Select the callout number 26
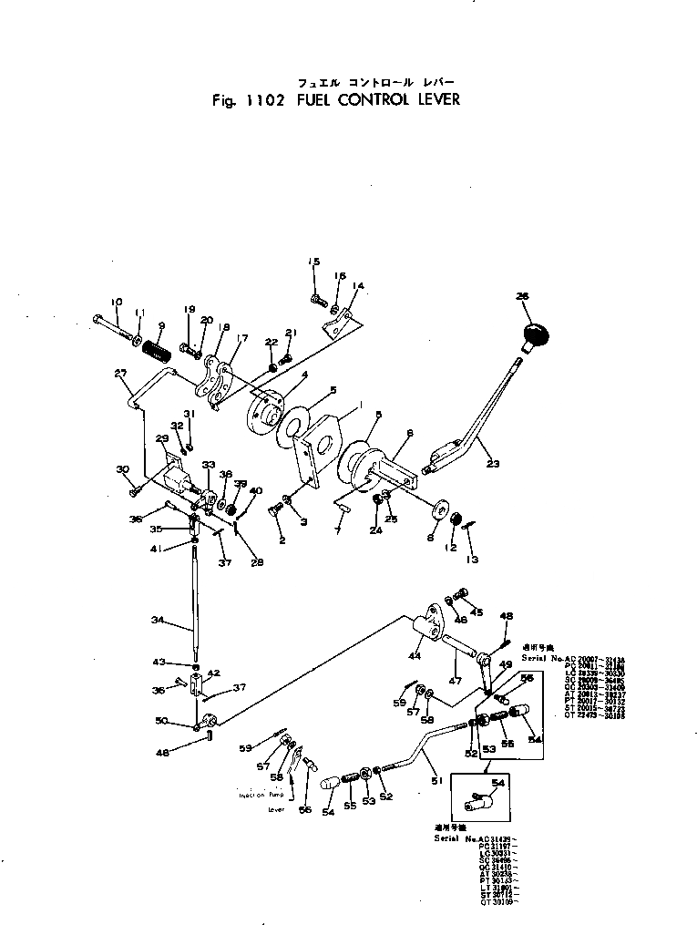pos(521,296)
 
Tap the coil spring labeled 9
pos(159,347)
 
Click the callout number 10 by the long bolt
pos(116,302)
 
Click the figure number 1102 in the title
pos(263,99)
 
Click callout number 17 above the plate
pos(242,337)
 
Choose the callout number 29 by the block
pos(163,439)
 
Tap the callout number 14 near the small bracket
pos(357,286)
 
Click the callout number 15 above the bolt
pos(313,262)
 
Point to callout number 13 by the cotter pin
pos(472,559)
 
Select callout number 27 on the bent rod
pos(120,373)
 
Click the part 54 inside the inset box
pos(480,803)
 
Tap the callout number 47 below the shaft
pos(455,680)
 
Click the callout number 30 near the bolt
pos(123,469)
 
